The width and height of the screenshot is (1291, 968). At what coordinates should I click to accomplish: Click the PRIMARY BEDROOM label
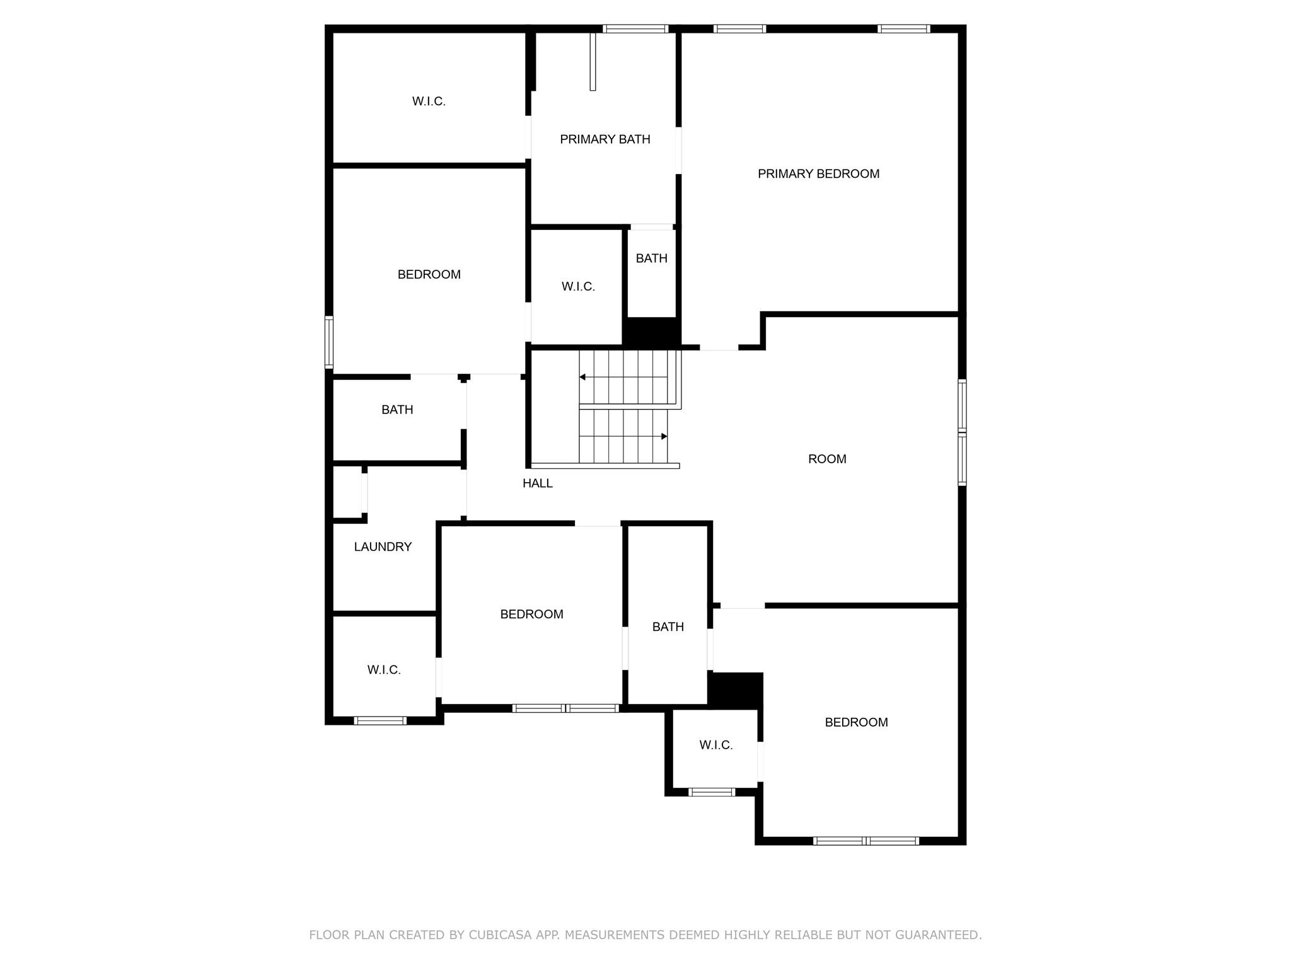click(818, 174)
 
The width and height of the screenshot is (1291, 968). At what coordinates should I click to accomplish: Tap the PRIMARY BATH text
click(605, 139)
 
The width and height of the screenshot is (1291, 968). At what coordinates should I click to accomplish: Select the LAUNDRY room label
click(383, 547)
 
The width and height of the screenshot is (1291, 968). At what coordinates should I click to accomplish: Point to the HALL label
click(537, 483)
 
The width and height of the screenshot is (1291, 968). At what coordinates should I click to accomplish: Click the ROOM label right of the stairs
click(827, 459)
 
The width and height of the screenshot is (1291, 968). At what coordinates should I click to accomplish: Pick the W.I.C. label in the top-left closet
click(429, 101)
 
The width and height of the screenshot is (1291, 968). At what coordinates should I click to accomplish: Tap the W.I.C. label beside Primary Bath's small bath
click(578, 287)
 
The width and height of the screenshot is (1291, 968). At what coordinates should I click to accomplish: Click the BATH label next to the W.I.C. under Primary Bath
click(651, 258)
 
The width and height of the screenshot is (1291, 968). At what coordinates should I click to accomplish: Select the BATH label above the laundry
click(397, 410)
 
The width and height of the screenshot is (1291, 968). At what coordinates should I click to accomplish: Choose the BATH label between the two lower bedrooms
click(668, 627)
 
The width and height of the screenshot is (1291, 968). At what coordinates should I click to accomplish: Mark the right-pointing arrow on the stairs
click(664, 436)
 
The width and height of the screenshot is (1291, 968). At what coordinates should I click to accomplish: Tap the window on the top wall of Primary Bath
click(635, 28)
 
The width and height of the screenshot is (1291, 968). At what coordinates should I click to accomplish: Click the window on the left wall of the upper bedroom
click(328, 342)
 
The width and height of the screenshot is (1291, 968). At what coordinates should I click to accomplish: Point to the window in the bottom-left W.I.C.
click(379, 720)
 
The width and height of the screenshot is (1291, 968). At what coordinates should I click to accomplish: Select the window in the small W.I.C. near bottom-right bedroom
click(711, 792)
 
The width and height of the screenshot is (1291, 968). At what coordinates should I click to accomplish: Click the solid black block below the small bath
click(651, 332)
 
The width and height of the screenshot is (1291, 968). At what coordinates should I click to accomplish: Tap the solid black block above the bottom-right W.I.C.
click(736, 689)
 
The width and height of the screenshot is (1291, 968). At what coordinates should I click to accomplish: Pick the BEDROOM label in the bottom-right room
click(856, 723)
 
